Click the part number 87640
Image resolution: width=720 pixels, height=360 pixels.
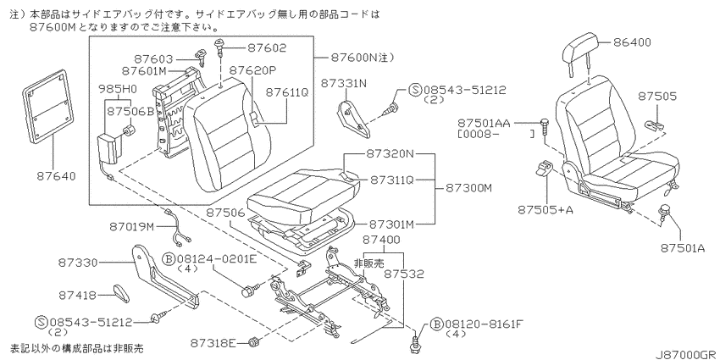click(55, 176)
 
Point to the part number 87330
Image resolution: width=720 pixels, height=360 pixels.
click(78, 263)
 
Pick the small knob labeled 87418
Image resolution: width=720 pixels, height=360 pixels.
click(121, 293)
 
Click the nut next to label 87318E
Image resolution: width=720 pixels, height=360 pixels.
click(252, 342)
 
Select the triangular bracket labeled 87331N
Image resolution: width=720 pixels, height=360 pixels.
click(353, 118)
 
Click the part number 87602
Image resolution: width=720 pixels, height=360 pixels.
click(267, 47)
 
